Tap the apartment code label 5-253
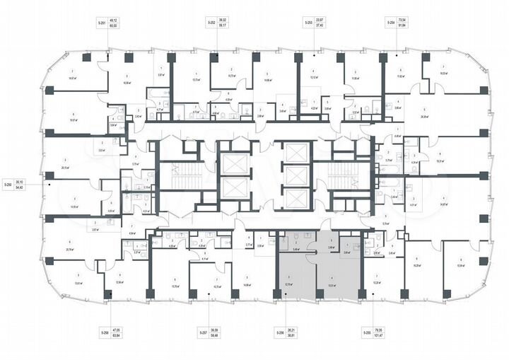click(309, 24)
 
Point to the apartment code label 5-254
click(390, 24)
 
